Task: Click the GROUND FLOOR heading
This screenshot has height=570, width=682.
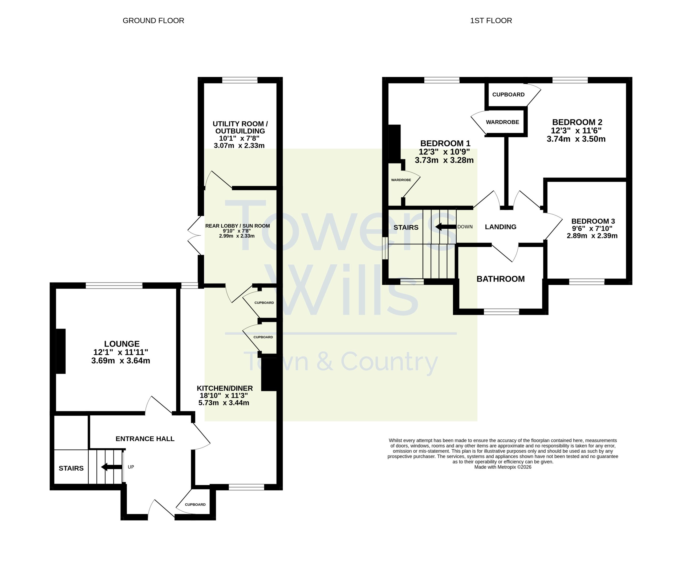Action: click(x=153, y=21)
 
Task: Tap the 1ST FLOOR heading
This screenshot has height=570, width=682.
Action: click(x=491, y=21)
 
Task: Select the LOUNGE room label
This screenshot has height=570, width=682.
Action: click(x=122, y=344)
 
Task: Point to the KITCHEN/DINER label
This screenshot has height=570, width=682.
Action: click(x=225, y=388)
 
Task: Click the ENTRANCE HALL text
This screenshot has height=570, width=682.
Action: click(x=145, y=439)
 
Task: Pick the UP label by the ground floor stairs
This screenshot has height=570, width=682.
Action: click(x=131, y=467)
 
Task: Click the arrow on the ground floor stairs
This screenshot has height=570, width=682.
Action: click(x=112, y=467)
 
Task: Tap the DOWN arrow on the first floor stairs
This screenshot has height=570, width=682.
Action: click(x=446, y=227)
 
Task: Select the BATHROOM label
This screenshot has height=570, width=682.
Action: click(x=501, y=279)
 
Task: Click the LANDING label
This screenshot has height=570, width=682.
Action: click(x=501, y=227)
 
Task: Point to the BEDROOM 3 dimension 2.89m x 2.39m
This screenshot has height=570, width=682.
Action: click(x=592, y=236)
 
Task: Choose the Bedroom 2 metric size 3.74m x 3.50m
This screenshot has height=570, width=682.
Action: click(x=576, y=139)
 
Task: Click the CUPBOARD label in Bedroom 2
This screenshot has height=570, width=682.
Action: click(x=508, y=95)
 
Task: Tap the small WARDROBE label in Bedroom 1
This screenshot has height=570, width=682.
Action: click(x=401, y=180)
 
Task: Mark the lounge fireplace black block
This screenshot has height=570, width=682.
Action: click(x=61, y=351)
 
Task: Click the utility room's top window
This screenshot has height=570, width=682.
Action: click(x=240, y=80)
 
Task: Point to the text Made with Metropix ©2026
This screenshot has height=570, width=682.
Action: click(x=503, y=467)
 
